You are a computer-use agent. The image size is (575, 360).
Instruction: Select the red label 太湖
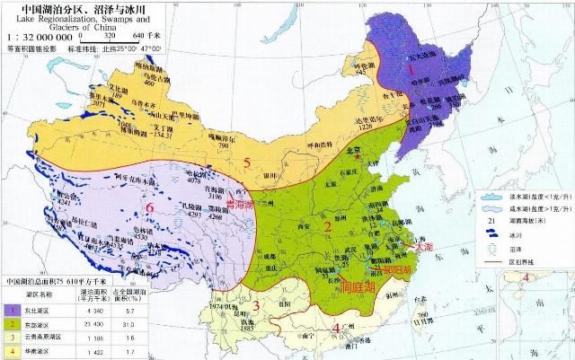click(422, 245)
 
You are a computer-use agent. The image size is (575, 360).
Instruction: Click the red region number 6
click(150, 208)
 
